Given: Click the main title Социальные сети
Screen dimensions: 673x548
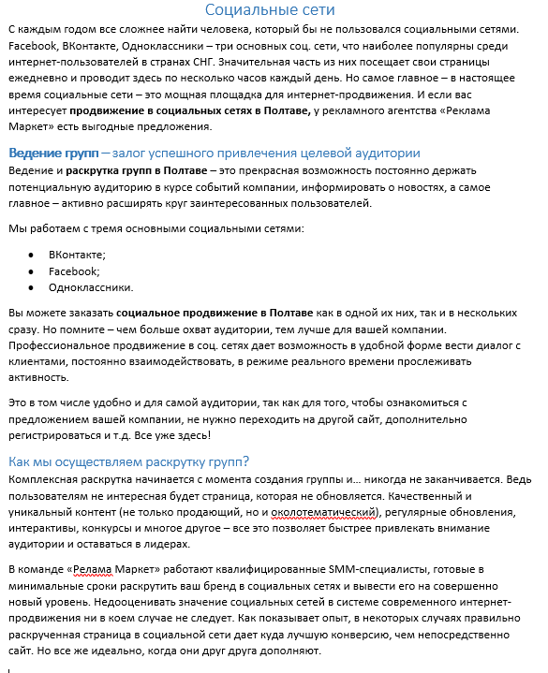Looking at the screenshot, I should click(x=274, y=10).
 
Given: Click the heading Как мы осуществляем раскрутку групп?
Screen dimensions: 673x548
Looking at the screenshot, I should click(x=128, y=461).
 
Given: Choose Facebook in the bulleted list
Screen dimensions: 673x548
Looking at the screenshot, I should click(x=74, y=271).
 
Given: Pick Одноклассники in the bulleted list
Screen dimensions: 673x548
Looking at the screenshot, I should click(x=91, y=287).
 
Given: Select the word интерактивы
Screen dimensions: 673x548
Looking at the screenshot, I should click(x=45, y=529).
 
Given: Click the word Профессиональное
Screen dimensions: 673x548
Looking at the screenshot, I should click(x=58, y=349).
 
